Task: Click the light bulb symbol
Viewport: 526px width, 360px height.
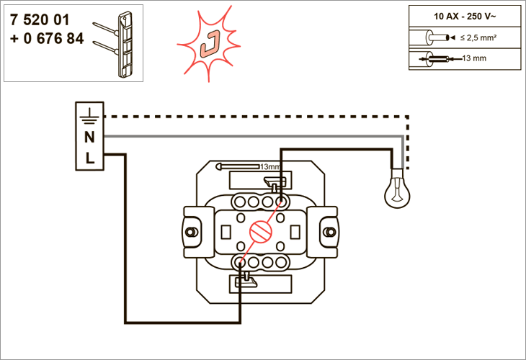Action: point(397,189)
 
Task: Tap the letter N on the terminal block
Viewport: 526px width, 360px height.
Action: point(89,137)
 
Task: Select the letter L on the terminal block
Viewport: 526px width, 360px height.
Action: point(89,158)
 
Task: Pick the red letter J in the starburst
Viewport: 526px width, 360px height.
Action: point(210,43)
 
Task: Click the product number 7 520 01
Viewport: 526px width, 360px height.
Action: point(40,19)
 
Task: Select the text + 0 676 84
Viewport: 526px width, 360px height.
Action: point(47,39)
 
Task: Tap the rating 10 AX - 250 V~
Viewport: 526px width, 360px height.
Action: point(465,17)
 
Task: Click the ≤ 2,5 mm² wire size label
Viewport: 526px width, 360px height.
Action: point(478,38)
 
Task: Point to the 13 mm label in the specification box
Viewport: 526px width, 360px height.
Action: point(474,58)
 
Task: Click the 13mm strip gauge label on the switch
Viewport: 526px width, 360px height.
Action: point(270,166)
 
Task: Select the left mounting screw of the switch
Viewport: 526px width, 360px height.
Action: point(191,232)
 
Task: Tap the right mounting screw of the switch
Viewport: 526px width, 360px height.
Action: point(330,232)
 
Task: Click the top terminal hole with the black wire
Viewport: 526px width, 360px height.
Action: point(281,202)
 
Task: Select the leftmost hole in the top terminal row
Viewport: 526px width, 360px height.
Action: point(239,202)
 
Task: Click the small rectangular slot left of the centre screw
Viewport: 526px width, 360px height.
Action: point(226,232)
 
